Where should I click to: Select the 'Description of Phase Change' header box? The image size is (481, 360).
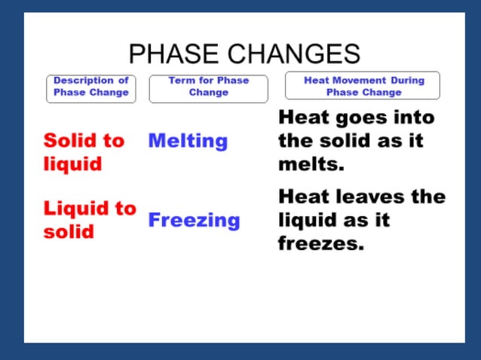[x=91, y=87]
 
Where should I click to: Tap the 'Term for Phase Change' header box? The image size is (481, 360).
[x=209, y=87]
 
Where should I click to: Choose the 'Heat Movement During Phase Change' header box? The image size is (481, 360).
[x=363, y=86]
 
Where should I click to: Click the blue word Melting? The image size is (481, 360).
[x=188, y=141]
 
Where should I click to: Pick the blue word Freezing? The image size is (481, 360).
[x=194, y=221]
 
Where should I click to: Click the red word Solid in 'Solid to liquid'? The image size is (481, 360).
[x=72, y=141]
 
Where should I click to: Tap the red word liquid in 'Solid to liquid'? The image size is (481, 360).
[x=72, y=164]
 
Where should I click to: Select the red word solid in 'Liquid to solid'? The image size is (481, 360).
[x=69, y=231]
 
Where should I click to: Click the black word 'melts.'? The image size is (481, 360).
[x=310, y=164]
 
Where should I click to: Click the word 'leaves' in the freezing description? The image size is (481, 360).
[x=367, y=197]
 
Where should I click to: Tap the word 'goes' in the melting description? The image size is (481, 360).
[x=357, y=118]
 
